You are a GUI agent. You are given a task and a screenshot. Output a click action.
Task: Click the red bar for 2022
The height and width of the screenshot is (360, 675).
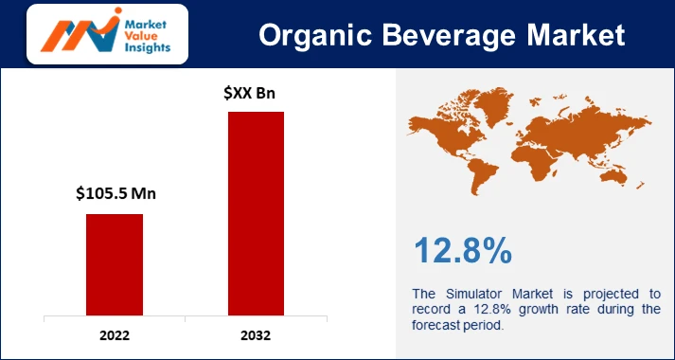click(115, 264)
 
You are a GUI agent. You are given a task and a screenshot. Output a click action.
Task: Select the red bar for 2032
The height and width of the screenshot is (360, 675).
click(256, 213)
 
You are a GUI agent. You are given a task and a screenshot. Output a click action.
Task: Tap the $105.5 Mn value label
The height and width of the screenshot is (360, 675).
click(115, 194)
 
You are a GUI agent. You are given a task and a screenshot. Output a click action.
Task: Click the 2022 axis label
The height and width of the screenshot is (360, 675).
click(115, 335)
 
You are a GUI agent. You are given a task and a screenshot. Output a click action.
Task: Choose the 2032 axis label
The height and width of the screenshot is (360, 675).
click(256, 335)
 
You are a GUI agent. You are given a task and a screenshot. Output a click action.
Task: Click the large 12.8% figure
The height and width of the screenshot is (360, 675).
click(463, 250)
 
